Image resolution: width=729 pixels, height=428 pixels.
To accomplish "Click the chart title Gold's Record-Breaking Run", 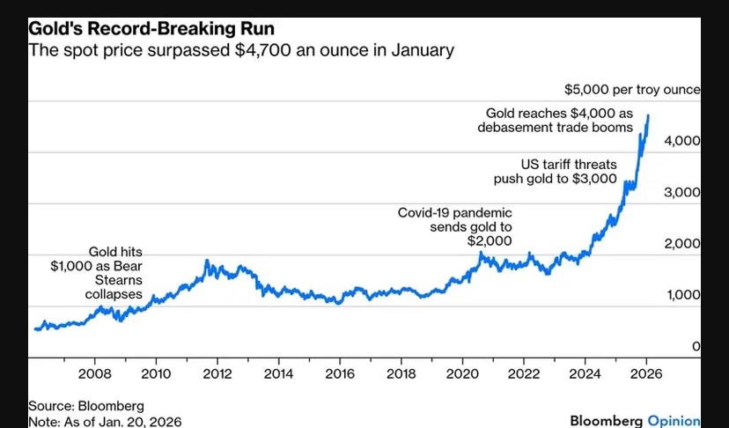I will pyautogui.click(x=151, y=28).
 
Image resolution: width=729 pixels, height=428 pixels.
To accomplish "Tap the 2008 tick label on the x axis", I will pyautogui.click(x=94, y=373).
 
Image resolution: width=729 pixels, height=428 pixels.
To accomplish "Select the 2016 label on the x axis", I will pyautogui.click(x=339, y=373).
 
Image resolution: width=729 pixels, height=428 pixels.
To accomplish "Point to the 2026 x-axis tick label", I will pyautogui.click(x=646, y=373).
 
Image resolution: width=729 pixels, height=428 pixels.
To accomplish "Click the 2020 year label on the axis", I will pyautogui.click(x=462, y=373).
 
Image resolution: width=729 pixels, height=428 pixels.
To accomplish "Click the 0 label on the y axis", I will pyautogui.click(x=696, y=346).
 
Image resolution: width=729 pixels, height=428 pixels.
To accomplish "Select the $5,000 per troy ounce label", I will pyautogui.click(x=632, y=89).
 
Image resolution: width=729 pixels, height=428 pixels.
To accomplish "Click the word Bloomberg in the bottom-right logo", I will pyautogui.click(x=607, y=420).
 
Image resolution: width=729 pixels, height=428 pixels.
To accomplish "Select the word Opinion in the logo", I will pyautogui.click(x=674, y=420).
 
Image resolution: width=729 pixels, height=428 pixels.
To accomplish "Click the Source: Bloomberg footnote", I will pyautogui.click(x=75, y=406).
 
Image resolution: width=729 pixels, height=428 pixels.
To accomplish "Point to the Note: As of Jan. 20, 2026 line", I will pyautogui.click(x=106, y=421).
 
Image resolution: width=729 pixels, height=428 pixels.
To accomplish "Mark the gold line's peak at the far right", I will pyautogui.click(x=648, y=115).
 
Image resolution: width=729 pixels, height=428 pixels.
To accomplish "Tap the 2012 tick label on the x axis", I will pyautogui.click(x=217, y=373).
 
